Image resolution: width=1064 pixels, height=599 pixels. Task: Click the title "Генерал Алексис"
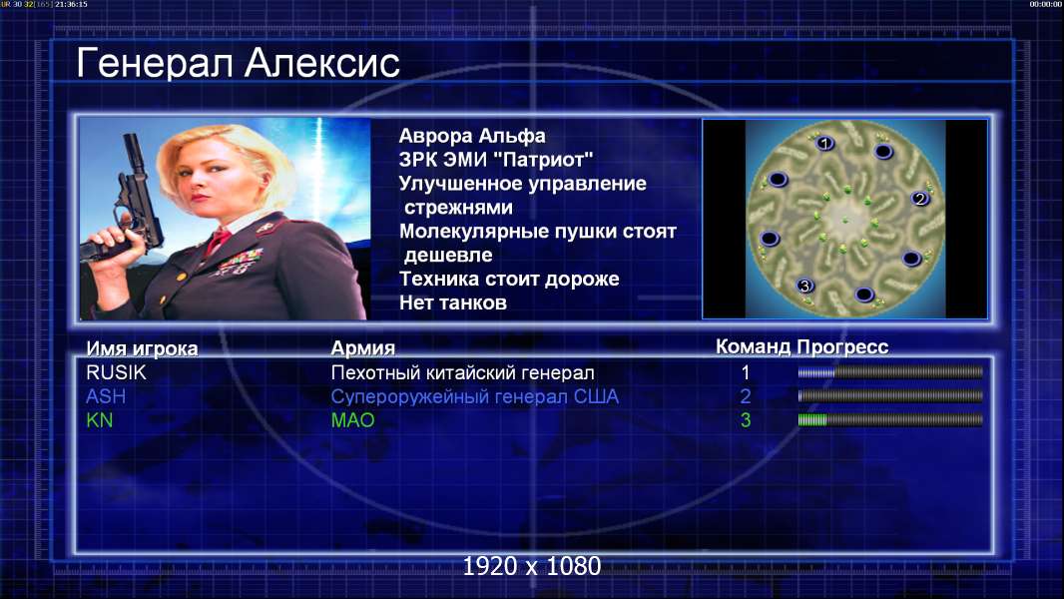pyautogui.click(x=239, y=63)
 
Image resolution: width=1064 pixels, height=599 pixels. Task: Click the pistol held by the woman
pyautogui.click(x=129, y=204)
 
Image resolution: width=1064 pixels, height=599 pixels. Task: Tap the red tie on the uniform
pyautogui.click(x=218, y=241)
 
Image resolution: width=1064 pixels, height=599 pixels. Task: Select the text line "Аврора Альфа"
pyautogui.click(x=471, y=136)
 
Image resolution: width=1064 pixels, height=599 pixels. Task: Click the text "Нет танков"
pyautogui.click(x=452, y=302)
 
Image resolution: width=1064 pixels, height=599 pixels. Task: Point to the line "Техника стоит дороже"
pyautogui.click(x=509, y=279)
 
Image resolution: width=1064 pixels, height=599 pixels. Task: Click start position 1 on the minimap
pyautogui.click(x=824, y=143)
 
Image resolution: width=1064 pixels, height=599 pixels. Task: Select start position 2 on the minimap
pyautogui.click(x=919, y=199)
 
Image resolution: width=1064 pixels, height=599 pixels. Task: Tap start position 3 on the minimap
pyautogui.click(x=804, y=286)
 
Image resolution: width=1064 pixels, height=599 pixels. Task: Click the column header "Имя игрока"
pyautogui.click(x=142, y=348)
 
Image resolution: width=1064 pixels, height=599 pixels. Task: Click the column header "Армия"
pyautogui.click(x=362, y=348)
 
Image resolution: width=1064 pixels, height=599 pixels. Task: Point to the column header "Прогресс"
pyautogui.click(x=842, y=346)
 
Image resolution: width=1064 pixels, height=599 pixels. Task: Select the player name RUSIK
pyautogui.click(x=116, y=372)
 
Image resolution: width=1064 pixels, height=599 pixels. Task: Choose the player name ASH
pyautogui.click(x=106, y=396)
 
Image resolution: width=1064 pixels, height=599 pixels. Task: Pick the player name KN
pyautogui.click(x=99, y=420)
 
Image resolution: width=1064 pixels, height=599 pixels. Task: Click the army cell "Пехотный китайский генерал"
pyautogui.click(x=463, y=372)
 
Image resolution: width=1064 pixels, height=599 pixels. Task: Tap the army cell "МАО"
pyautogui.click(x=352, y=420)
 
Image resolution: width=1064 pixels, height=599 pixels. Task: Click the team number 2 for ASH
pyautogui.click(x=745, y=396)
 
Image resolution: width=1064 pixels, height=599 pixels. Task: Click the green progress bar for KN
pyautogui.click(x=812, y=420)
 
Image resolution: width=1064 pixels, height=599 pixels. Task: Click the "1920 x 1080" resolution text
pyautogui.click(x=531, y=566)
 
